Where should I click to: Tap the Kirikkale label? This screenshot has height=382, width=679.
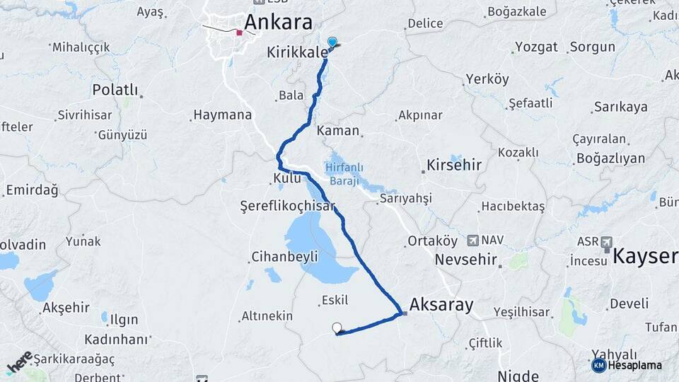(x=298, y=52)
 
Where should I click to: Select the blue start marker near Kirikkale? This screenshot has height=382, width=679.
(x=332, y=42)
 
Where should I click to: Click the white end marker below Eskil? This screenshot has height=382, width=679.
(x=337, y=328)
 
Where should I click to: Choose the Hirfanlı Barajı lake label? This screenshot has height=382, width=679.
(x=344, y=174)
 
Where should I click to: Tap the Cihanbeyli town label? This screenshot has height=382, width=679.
(x=286, y=256)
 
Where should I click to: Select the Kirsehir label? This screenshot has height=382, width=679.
(x=454, y=166)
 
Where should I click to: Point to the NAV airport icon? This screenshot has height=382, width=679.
(x=472, y=241)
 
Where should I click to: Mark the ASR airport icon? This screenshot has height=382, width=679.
(x=606, y=242)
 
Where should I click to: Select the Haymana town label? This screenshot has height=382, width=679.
(x=222, y=115)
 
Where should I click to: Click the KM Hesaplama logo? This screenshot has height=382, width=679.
(x=627, y=365)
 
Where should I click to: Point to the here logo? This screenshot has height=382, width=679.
(x=20, y=361)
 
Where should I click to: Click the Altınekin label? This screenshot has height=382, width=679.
(x=267, y=316)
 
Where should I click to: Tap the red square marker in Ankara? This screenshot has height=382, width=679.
(x=240, y=33)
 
